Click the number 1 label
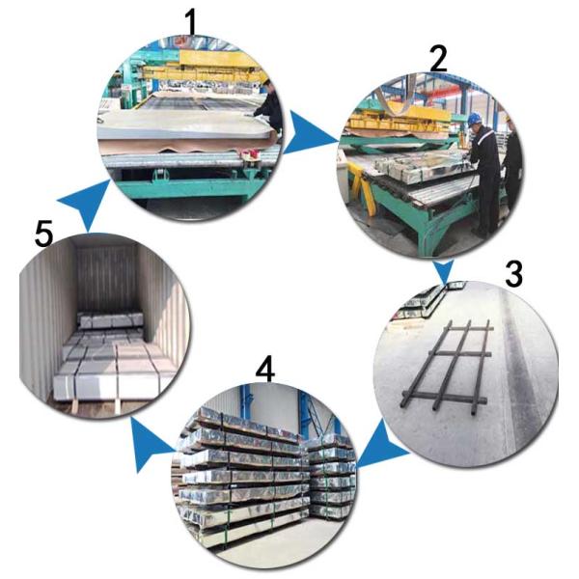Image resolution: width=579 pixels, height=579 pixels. pyautogui.click(x=196, y=21)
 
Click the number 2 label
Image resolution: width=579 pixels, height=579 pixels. pyautogui.click(x=439, y=60)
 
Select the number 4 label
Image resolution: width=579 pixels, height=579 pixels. pyautogui.click(x=266, y=369)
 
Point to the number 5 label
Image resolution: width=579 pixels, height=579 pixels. pyautogui.click(x=42, y=234)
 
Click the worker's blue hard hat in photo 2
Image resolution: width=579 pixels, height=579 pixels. pyautogui.click(x=474, y=119)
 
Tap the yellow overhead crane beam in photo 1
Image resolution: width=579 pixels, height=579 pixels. pyautogui.click(x=207, y=60)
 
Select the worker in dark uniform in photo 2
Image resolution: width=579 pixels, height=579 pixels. pyautogui.click(x=483, y=174)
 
